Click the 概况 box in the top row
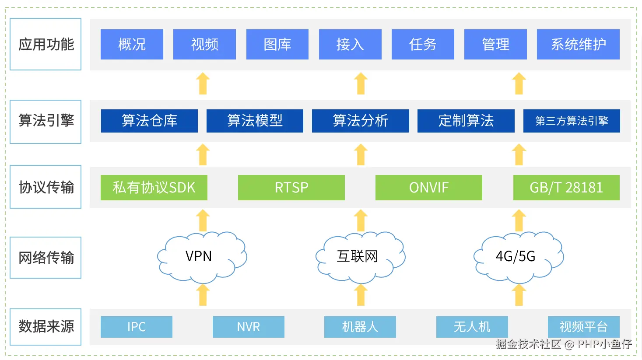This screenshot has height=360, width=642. [x=132, y=44]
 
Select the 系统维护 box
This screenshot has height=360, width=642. [x=578, y=44]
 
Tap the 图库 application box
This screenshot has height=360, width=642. [x=277, y=44]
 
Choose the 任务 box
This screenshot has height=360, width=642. [x=423, y=44]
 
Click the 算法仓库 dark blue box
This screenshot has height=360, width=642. [x=149, y=121]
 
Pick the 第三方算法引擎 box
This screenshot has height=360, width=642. [x=572, y=121]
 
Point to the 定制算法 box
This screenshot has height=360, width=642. [x=466, y=121]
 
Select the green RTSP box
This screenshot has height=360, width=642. [x=291, y=188]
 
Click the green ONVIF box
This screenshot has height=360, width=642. [x=428, y=188]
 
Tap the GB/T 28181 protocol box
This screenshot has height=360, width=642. [x=566, y=188]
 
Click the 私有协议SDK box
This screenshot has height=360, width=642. [x=154, y=188]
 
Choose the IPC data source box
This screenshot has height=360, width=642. [x=137, y=327]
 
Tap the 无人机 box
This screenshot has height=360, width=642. [x=472, y=327]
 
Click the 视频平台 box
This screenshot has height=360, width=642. [x=583, y=327]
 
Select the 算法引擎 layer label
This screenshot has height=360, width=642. [x=46, y=121]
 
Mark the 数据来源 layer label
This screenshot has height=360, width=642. [x=46, y=327]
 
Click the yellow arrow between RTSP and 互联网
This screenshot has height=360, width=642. [x=361, y=220]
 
